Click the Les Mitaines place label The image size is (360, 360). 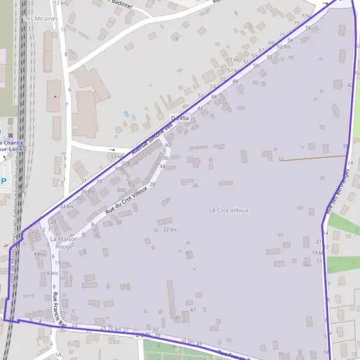[41, 19]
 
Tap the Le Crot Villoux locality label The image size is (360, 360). [229, 211]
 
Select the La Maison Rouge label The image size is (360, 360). [64, 242]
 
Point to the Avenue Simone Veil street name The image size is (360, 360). [151, 136]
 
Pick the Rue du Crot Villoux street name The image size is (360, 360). [126, 200]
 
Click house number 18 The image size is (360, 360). [176, 39]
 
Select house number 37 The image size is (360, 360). [281, 160]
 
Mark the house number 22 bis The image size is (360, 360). [170, 229]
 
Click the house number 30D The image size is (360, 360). [122, 190]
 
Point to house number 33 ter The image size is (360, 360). [117, 157]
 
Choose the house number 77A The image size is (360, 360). [307, 16]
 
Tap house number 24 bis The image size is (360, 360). [66, 206]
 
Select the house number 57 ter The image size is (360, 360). [233, 60]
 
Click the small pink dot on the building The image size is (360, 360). [55, 96]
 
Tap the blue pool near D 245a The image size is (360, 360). [125, 113]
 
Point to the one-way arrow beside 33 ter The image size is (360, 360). [112, 149]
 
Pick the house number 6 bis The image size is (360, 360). [52, 273]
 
